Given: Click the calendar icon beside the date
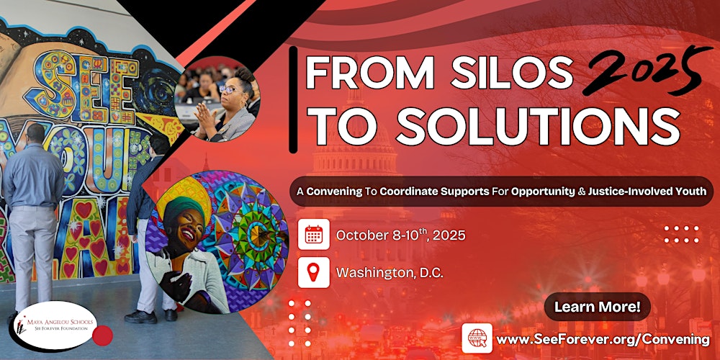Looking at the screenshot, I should coord(313,235).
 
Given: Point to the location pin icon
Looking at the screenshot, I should coord(313,272).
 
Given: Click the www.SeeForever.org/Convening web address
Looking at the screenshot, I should coord(603,338).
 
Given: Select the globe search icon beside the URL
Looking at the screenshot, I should coord(477,338).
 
